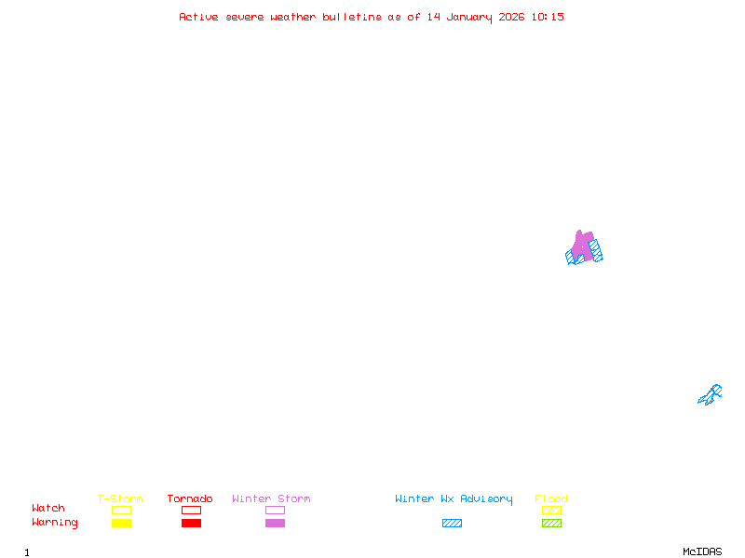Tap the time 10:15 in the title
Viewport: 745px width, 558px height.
pyautogui.click(x=548, y=17)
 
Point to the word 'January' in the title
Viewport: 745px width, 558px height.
pyautogui.click(x=469, y=18)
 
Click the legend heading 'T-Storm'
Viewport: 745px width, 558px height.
pyautogui.click(x=120, y=498)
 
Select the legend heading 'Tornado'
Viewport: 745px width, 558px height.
pyautogui.click(x=190, y=498)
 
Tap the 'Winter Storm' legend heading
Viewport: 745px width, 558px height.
pyautogui.click(x=271, y=498)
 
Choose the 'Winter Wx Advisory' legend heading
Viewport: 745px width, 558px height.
pyautogui.click(x=454, y=499)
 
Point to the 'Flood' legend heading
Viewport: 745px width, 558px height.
pyautogui.click(x=551, y=498)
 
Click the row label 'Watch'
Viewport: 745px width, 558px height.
pyautogui.click(x=48, y=508)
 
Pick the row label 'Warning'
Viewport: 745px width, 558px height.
pyautogui.click(x=55, y=523)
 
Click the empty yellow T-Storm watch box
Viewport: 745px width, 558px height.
pyautogui.click(x=122, y=510)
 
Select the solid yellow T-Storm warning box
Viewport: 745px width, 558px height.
pyautogui.click(x=122, y=523)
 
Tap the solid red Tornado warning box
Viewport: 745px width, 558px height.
pyautogui.click(x=192, y=523)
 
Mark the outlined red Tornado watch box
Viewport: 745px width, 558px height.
pyautogui.click(x=192, y=510)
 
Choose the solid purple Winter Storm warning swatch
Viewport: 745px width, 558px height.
pyautogui.click(x=275, y=523)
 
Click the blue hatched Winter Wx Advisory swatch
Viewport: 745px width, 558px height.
pyautogui.click(x=452, y=523)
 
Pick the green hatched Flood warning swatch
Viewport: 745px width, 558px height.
pyautogui.click(x=551, y=523)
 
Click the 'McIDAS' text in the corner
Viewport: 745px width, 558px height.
pyautogui.click(x=702, y=551)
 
